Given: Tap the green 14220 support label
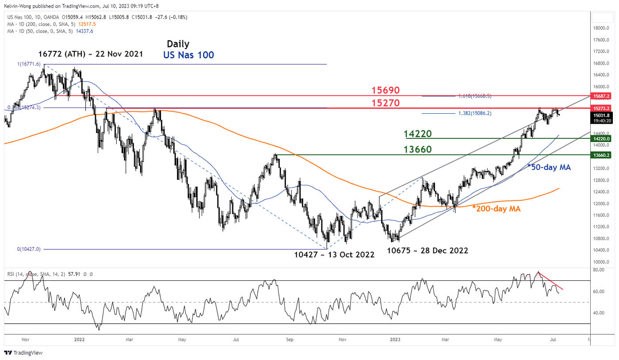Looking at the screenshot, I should point(418,134).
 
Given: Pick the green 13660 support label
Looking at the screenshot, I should point(418,150).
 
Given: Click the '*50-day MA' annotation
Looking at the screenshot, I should point(549,167).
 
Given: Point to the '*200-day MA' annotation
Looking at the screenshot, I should point(497,208).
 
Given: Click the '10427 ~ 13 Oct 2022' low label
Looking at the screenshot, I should point(334,255).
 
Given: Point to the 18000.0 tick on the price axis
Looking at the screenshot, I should point(602,28).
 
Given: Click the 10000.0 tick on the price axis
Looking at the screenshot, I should point(602,262).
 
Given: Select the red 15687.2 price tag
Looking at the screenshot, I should point(602,96).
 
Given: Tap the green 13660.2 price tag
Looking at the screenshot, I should point(602,155).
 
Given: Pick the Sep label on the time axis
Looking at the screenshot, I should point(290,340).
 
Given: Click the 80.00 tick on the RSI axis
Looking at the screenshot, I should point(599,269).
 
